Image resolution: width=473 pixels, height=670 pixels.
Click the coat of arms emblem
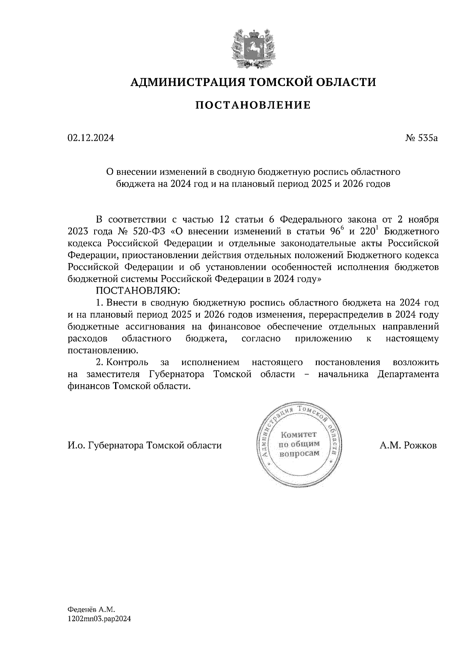click(x=253, y=47)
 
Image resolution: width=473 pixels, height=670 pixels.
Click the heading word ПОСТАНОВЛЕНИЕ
click(x=253, y=105)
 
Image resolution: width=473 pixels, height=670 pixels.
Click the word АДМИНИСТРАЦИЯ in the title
click(x=182, y=82)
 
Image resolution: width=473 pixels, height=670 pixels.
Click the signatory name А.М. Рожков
click(x=408, y=445)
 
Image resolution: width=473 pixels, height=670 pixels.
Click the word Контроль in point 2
click(x=128, y=362)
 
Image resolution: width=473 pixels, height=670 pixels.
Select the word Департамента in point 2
click(x=408, y=374)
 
